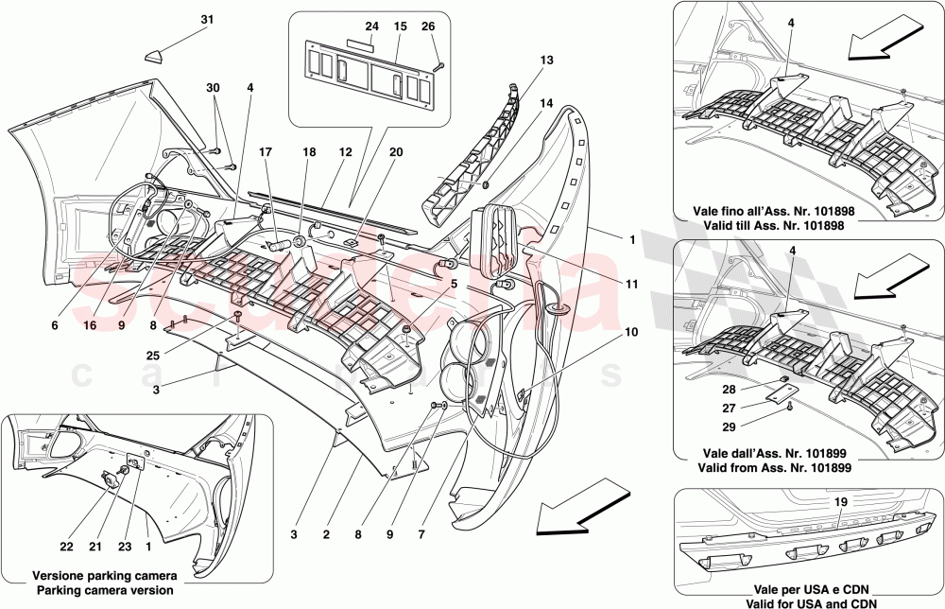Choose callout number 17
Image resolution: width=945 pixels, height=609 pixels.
point(266,150)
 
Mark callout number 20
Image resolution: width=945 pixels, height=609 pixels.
point(396,151)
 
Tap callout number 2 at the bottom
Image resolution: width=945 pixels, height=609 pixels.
point(326,535)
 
